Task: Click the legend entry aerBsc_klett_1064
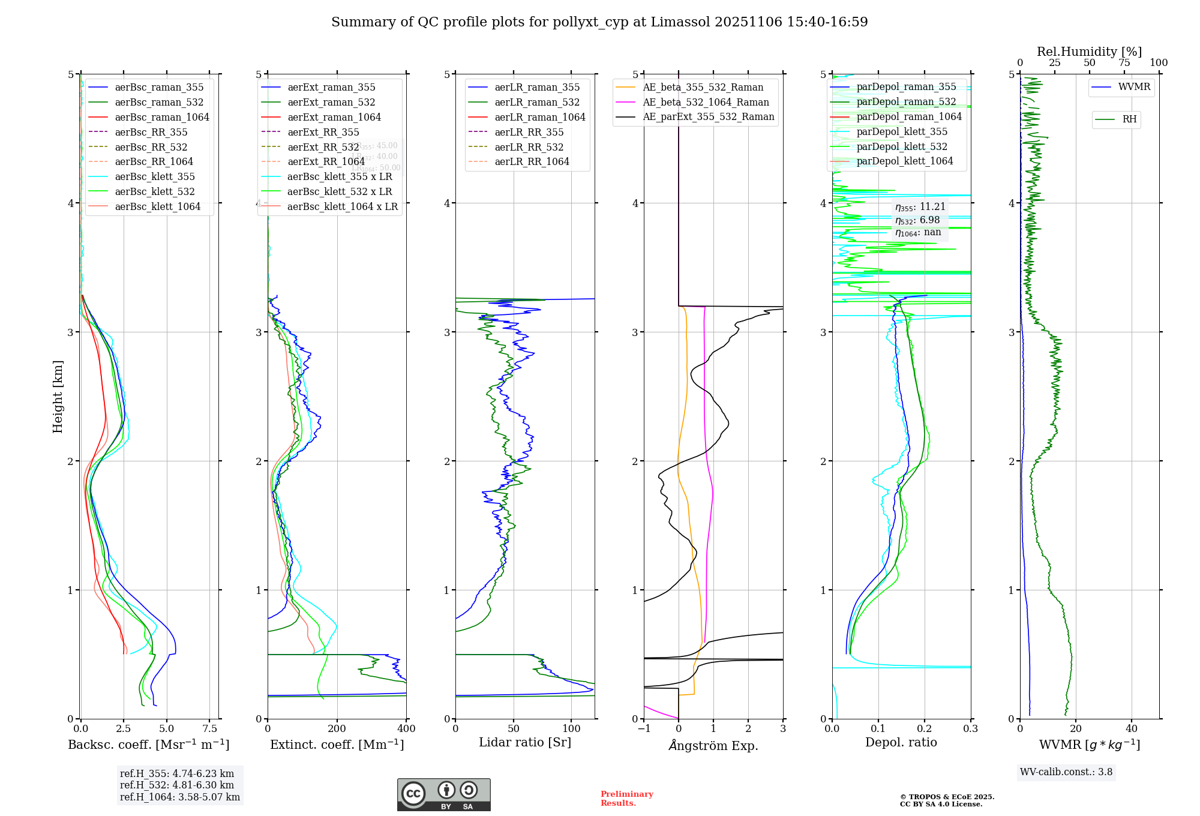[157, 206]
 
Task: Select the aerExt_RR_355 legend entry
[323, 132]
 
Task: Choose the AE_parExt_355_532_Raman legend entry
[708, 116]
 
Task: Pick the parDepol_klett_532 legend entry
[901, 146]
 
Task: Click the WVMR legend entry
[1134, 87]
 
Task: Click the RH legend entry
[1129, 119]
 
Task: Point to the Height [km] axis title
[58, 397]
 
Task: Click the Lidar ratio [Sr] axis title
[525, 742]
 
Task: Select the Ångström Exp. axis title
[713, 745]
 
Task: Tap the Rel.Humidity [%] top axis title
[1089, 52]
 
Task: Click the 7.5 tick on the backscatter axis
[210, 728]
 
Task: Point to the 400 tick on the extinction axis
[406, 728]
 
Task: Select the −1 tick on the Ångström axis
[644, 728]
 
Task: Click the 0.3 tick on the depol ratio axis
[970, 728]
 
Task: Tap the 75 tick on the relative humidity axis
[1124, 62]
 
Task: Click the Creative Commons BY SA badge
[443, 794]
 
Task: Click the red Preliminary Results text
[626, 798]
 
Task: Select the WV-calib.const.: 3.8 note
[1066, 772]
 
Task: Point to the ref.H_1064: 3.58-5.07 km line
[179, 797]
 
